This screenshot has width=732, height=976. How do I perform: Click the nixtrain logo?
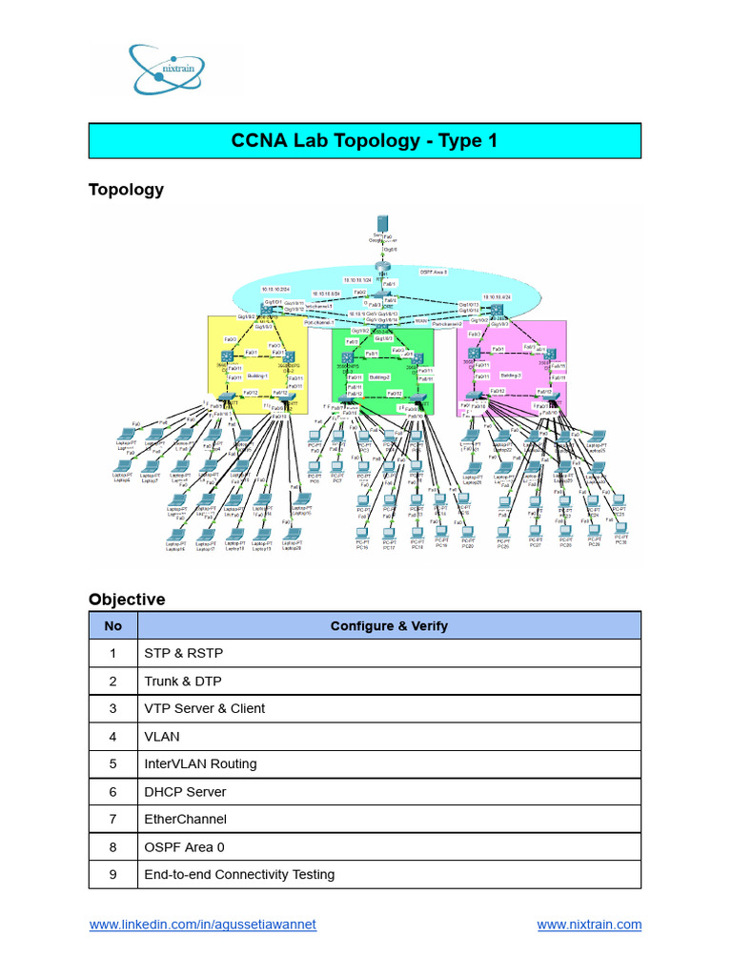coord(167,69)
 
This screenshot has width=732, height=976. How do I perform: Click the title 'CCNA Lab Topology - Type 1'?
coord(364,141)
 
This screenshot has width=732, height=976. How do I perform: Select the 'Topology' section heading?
coord(126,190)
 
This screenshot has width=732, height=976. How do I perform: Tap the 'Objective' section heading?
coord(127,600)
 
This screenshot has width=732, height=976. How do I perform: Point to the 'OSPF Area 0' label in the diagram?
coord(434,272)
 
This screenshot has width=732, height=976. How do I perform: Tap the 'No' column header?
coord(113,626)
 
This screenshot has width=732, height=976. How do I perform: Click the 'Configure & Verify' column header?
coord(389,626)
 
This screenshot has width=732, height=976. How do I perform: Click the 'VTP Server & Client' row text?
coord(204,709)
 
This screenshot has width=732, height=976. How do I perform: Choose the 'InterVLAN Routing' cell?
coord(200,764)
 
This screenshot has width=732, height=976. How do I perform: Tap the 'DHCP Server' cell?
coord(185,792)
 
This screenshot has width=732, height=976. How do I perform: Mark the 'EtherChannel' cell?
coord(185,820)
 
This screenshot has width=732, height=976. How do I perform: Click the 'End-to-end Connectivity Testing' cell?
coord(239,875)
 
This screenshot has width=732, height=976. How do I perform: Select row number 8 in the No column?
coord(113,847)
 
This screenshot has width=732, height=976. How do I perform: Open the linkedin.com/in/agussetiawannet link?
coord(202,925)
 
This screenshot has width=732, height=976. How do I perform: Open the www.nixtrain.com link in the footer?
coord(589,925)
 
